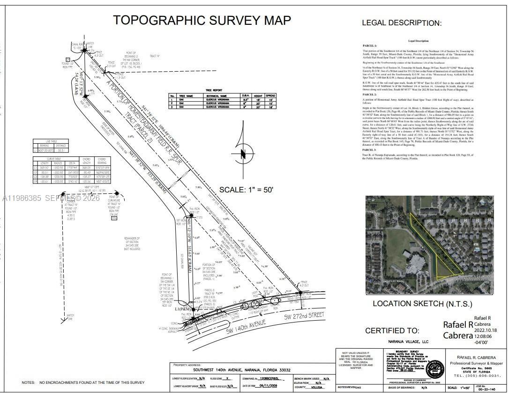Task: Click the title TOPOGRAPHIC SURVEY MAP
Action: pyautogui.click(x=202, y=21)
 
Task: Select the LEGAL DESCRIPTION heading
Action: pyautogui.click(x=402, y=22)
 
